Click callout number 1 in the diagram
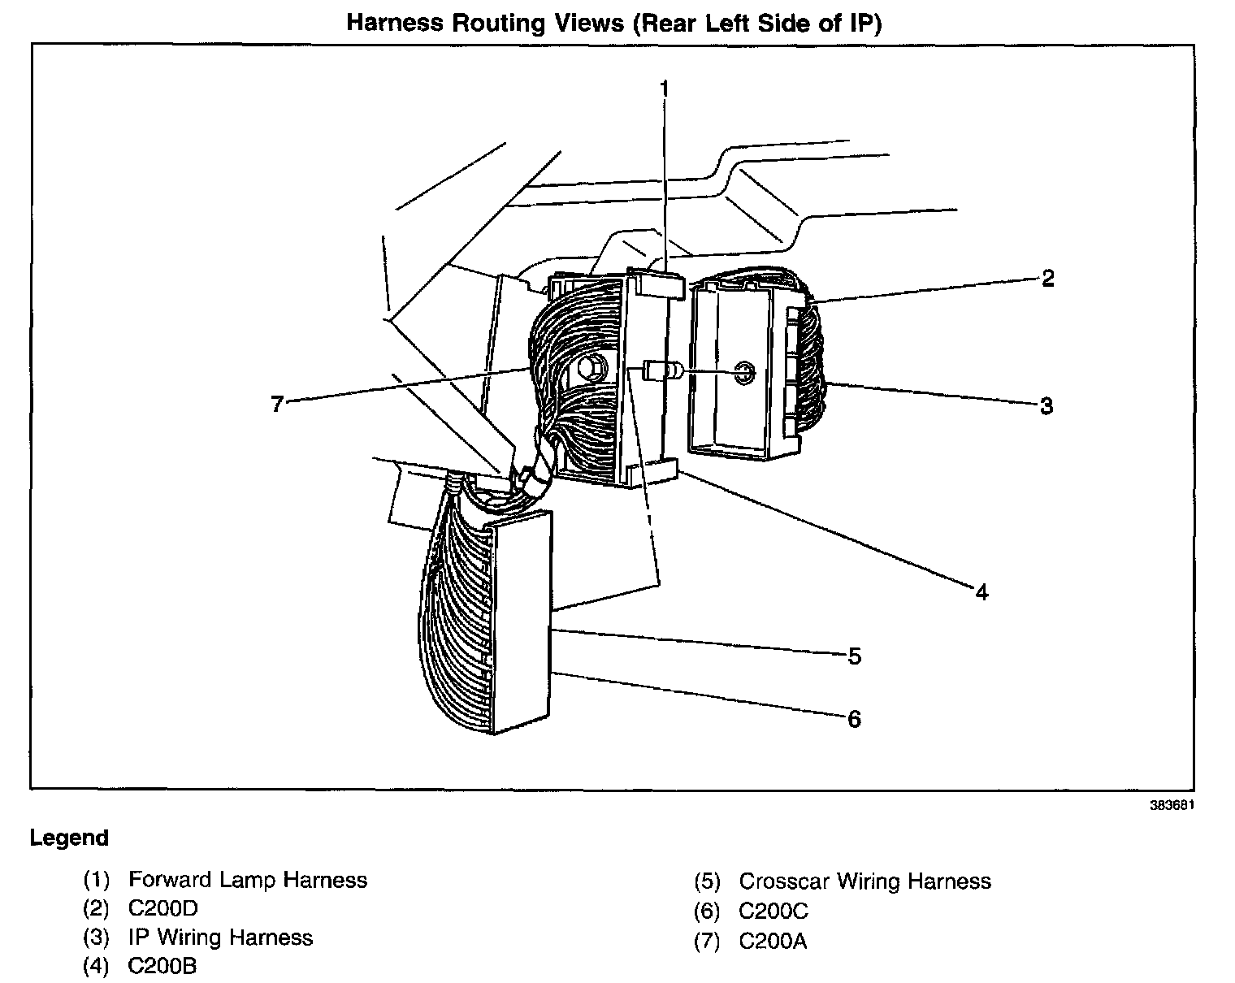click(x=664, y=88)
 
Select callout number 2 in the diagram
click(x=1047, y=279)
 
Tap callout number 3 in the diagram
click(x=1046, y=405)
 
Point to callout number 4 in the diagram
click(x=981, y=592)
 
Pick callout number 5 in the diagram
click(x=854, y=656)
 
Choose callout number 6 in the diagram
click(x=854, y=719)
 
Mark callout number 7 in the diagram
click(x=277, y=404)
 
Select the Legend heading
click(x=69, y=838)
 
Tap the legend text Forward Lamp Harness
click(x=248, y=880)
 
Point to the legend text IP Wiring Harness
click(x=220, y=938)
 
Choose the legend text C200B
click(x=162, y=966)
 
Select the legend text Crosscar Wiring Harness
click(x=864, y=881)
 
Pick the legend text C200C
click(x=773, y=912)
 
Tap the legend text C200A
click(x=773, y=942)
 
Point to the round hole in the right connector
click(x=743, y=374)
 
